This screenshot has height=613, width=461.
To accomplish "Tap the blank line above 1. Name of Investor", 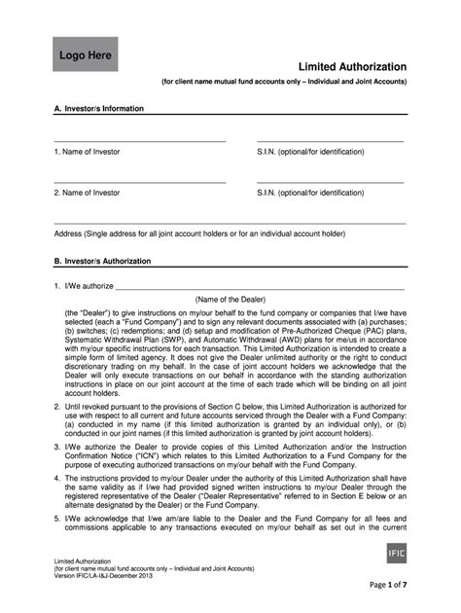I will tap(140, 142).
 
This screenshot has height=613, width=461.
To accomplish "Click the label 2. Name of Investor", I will tap(88, 193).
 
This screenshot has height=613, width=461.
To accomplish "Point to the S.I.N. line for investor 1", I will tap(331, 142).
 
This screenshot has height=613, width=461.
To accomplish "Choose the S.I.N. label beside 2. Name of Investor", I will tap(310, 193).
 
